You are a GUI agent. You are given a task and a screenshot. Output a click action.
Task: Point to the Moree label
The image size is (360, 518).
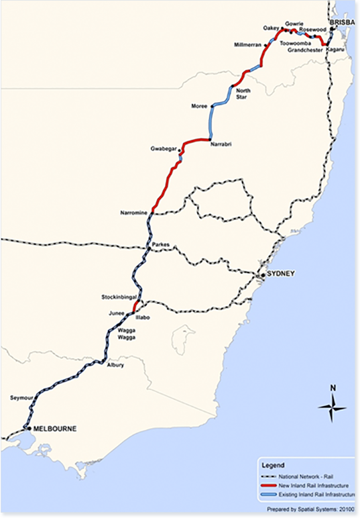(199, 106)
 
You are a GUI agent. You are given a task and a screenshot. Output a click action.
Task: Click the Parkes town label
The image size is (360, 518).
(162, 245)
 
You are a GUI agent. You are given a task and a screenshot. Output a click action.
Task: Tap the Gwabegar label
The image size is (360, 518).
(162, 149)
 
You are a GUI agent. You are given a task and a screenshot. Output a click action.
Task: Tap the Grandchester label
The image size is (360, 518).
(303, 50)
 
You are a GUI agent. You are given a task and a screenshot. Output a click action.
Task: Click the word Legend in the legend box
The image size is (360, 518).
(274, 464)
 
